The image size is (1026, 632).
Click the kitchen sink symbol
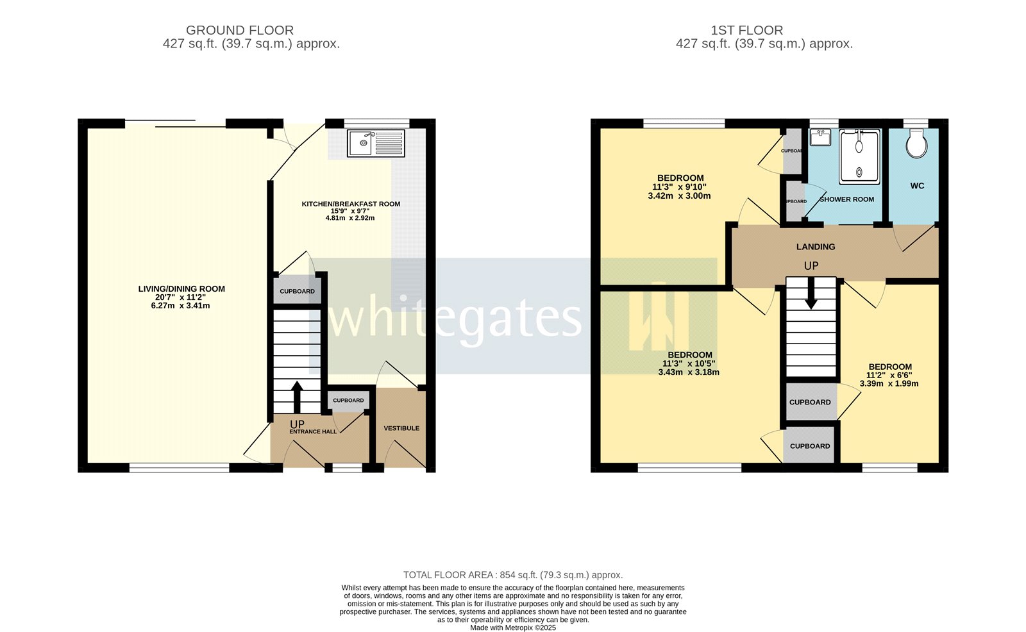pos(376,144)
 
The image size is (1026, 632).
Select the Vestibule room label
pos(401,428)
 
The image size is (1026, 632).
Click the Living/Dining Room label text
pos(181,289)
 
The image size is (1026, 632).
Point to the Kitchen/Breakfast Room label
pos(351,204)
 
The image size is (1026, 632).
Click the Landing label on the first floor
pos(816,247)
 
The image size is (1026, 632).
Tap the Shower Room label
pos(846,199)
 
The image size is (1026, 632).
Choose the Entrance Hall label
pos(313,431)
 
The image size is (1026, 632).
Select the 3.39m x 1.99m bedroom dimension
pos(889,384)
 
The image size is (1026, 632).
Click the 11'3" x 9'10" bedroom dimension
pos(680,187)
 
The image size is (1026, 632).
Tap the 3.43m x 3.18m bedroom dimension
pos(689,372)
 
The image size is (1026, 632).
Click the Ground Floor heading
pos(240,30)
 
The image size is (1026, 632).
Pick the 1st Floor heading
pos(746,30)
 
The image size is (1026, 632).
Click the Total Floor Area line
pos(513,575)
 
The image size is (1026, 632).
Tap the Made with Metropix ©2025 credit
pos(513,628)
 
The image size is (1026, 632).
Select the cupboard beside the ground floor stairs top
pos(298,291)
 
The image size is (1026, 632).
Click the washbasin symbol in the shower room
pos(820,138)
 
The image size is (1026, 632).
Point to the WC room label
pos(917,186)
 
